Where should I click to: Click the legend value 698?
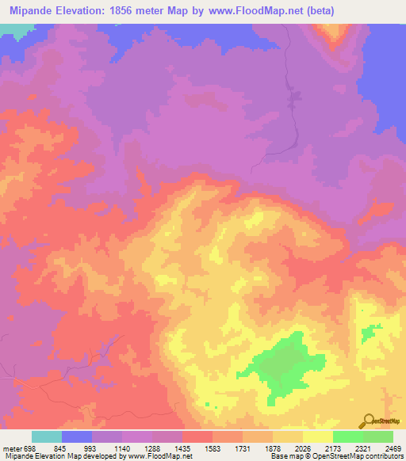tap(29, 448)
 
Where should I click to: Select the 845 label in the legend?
tap(61, 448)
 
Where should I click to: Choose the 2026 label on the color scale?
tap(302, 448)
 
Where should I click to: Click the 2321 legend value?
tap(362, 448)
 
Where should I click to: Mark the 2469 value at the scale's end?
tap(393, 448)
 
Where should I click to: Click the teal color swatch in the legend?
tap(47, 436)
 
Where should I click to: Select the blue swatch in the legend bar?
tap(77, 436)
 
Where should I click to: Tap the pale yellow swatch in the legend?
tap(317, 436)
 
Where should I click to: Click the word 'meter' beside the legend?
tap(10, 448)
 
